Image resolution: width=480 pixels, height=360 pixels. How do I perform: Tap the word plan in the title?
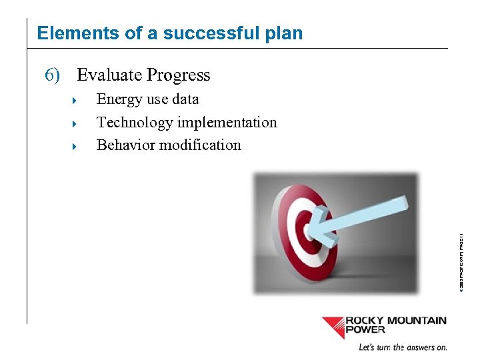click(x=284, y=33)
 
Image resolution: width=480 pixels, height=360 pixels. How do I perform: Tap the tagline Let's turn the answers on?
click(x=403, y=347)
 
